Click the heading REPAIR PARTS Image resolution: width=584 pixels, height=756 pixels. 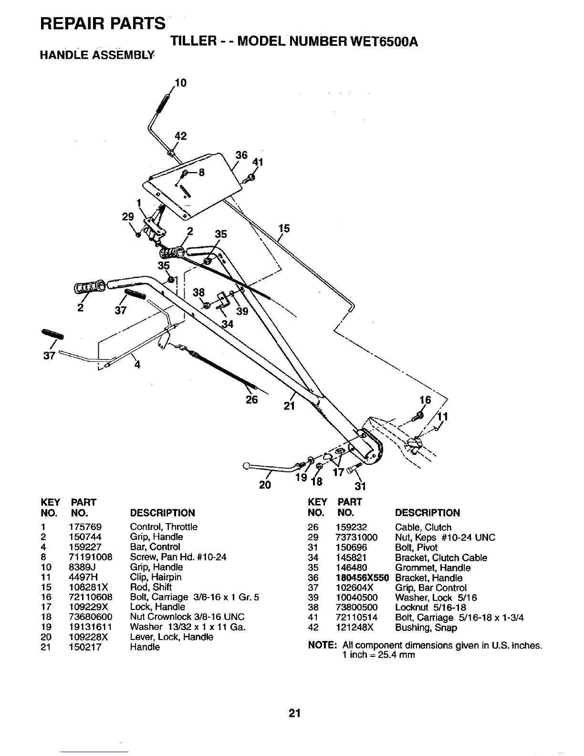pyautogui.click(x=103, y=23)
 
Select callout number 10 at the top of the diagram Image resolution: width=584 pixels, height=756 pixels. pyautogui.click(x=180, y=83)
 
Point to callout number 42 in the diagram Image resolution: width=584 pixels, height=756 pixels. pyautogui.click(x=180, y=136)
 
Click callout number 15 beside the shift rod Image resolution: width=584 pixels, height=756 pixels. pyautogui.click(x=284, y=229)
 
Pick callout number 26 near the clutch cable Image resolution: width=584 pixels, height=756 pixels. pyautogui.click(x=252, y=399)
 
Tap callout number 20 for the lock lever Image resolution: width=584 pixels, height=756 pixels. pyautogui.click(x=264, y=485)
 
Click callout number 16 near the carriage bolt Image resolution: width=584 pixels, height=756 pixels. pyautogui.click(x=425, y=399)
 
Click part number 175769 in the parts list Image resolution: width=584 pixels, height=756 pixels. pyautogui.click(x=85, y=527)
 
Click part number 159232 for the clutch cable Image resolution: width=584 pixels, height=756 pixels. pyautogui.click(x=351, y=527)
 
